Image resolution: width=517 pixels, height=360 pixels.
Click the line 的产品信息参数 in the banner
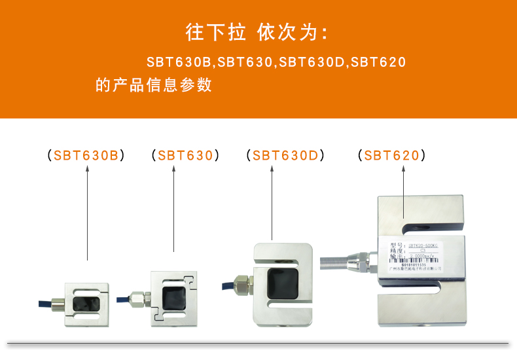coord(154,85)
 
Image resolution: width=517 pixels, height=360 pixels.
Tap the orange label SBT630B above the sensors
coord(86,156)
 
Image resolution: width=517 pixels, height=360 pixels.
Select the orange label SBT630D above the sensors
coord(285,156)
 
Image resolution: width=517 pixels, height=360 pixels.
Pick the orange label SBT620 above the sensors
coord(391,156)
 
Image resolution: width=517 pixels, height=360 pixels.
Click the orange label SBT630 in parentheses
coord(185,156)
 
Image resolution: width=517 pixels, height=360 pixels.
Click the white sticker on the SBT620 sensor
coord(410,256)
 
